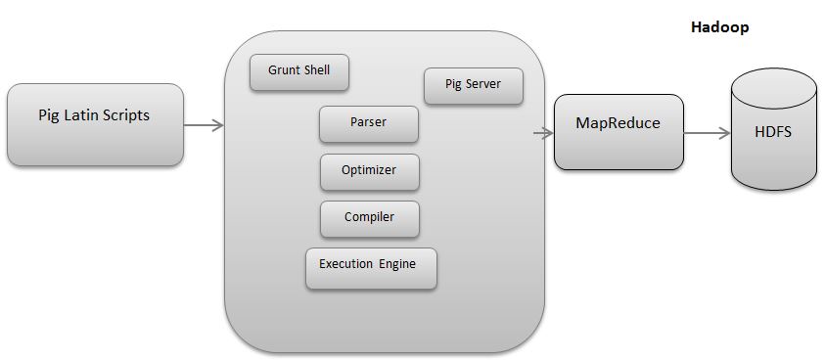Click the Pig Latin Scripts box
[x=95, y=124]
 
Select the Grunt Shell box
[x=299, y=71]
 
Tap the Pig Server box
[x=473, y=85]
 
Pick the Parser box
[x=369, y=123]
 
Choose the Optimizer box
[x=370, y=171]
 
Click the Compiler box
[x=370, y=218]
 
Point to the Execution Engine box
[x=371, y=267]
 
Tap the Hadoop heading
[x=719, y=28]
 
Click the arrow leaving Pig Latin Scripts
[x=204, y=125]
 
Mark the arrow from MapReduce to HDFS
[x=707, y=132]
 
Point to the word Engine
[x=395, y=264]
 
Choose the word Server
[x=482, y=84]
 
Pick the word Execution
[x=345, y=264]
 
